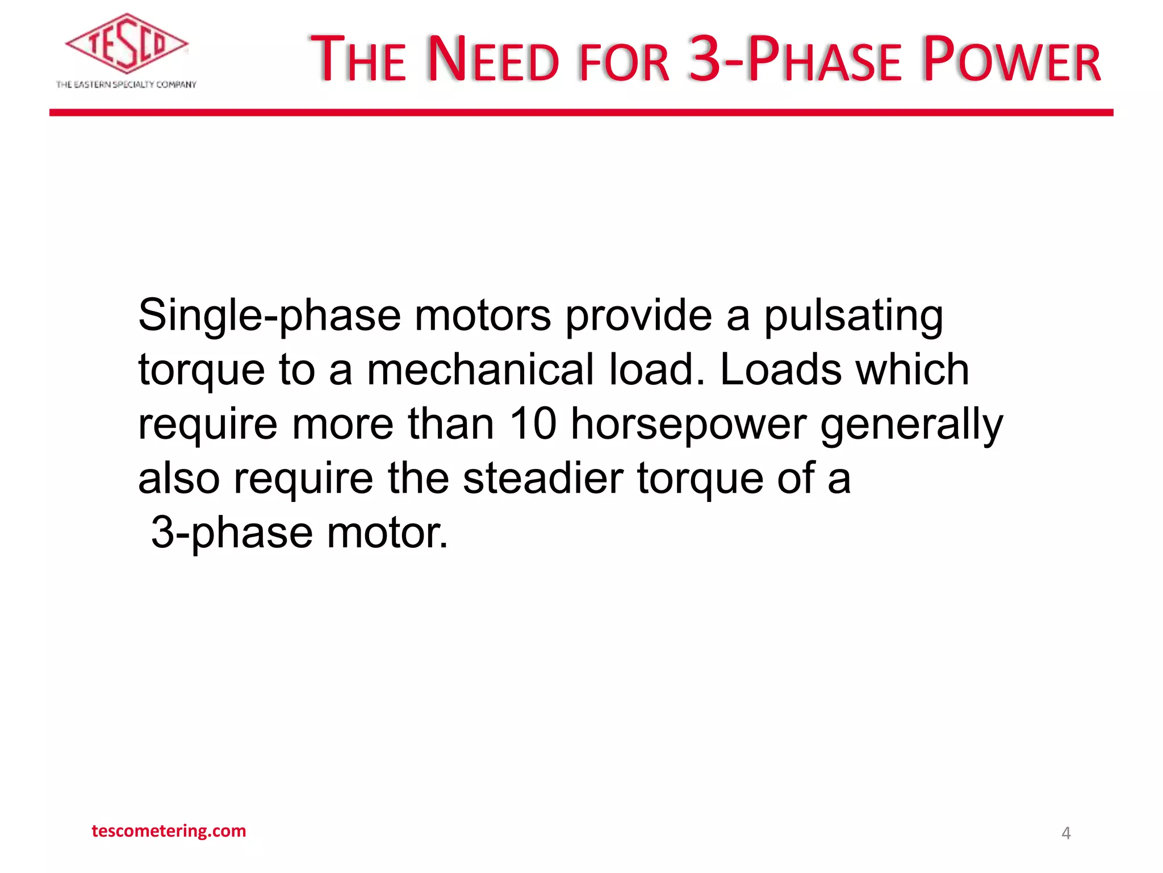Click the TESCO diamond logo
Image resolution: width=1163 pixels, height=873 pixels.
point(127,44)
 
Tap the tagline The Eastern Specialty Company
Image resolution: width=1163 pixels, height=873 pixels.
point(126,85)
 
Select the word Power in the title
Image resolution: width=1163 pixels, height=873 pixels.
point(1011,59)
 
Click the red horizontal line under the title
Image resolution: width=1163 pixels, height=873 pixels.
point(581,113)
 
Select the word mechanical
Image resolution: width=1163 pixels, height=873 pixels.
point(480,370)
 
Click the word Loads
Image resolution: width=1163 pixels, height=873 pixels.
point(781,370)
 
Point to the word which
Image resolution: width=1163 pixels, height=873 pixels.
point(912,370)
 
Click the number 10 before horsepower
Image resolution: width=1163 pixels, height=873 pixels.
point(532,423)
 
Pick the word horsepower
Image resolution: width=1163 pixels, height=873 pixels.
point(688,425)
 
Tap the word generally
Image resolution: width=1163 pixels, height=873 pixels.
point(911,425)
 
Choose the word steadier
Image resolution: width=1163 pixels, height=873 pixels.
point(543,478)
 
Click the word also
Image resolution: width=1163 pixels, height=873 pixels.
point(179,478)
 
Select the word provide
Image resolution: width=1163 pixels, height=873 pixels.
point(638,316)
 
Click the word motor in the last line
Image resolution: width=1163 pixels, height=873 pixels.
point(387,533)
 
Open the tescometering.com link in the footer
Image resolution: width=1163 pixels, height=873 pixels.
point(169,831)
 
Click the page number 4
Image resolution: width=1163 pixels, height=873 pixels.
point(1066,833)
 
